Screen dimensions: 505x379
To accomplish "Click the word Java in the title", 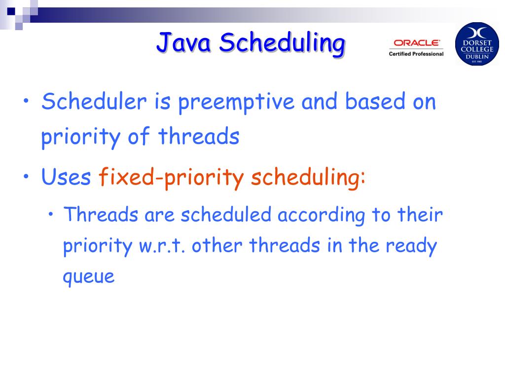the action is click(x=183, y=42).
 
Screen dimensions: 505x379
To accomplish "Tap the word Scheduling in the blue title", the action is click(x=282, y=44).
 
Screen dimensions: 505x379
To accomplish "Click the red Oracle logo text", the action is click(x=416, y=43).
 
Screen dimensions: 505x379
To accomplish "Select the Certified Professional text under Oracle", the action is click(x=416, y=54).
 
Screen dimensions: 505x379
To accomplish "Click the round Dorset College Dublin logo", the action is click(x=477, y=44).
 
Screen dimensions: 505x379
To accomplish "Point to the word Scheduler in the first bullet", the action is click(x=94, y=102).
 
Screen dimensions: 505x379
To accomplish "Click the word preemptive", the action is click(x=236, y=103).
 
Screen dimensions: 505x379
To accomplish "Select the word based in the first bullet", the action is click(x=375, y=101).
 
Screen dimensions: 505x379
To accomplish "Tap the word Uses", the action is click(x=66, y=177).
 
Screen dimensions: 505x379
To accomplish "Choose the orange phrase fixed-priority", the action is click(x=171, y=177).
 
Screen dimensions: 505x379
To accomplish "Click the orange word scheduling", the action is click(x=308, y=177).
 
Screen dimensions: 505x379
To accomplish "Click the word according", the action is click(x=321, y=216).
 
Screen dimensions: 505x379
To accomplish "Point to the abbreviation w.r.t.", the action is click(x=162, y=246).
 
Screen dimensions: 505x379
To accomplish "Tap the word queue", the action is click(x=89, y=277).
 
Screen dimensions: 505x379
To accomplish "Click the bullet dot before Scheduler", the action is click(x=26, y=101).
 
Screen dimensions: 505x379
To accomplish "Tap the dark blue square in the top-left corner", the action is click(x=11, y=11).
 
